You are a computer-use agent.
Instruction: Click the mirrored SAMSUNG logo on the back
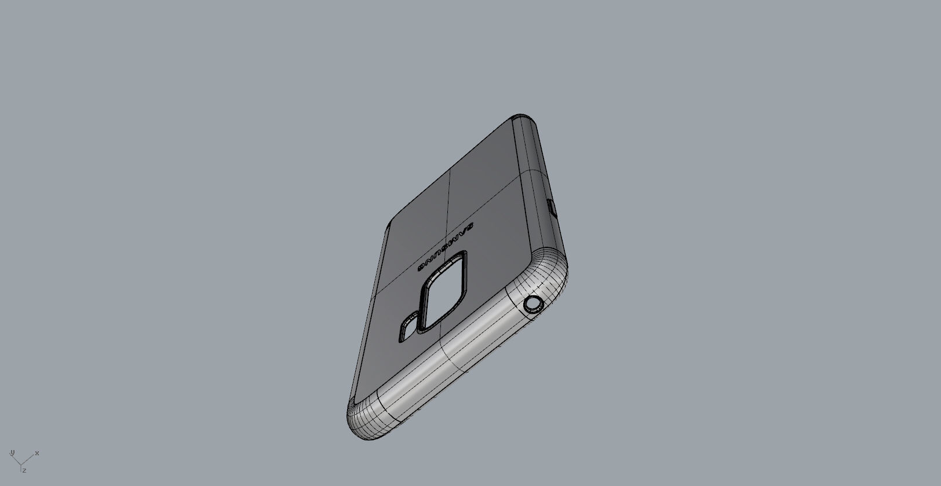tap(446, 246)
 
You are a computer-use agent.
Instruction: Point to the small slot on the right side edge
tap(552, 207)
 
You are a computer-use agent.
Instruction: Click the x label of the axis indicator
tap(37, 453)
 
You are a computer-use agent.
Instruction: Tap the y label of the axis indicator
tap(12, 452)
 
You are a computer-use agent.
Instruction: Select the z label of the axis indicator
tap(24, 471)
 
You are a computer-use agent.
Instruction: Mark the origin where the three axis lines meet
tap(21, 463)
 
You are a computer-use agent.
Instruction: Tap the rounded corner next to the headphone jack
tap(550, 272)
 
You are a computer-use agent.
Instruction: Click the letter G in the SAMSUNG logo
tap(422, 267)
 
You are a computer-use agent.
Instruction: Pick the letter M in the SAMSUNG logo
tap(456, 236)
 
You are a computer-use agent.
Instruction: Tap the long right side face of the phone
tap(539, 191)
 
